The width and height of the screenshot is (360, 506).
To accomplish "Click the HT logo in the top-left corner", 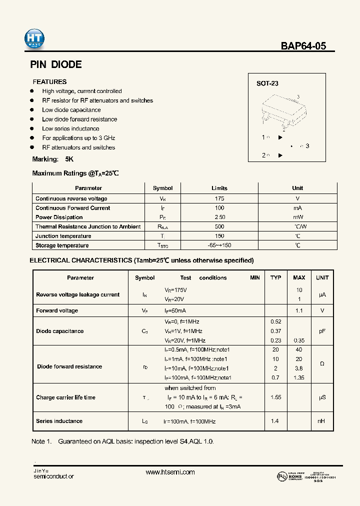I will (34, 39).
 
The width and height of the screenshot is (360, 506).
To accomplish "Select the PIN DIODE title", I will (56, 64).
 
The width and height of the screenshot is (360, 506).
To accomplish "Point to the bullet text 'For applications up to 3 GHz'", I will (78, 138).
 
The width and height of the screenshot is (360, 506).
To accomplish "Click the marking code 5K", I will (69, 159).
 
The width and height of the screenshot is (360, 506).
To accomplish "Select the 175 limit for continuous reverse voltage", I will (219, 198).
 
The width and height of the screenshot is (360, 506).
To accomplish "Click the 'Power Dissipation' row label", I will (59, 217).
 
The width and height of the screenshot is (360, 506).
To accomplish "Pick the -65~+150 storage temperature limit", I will (219, 245).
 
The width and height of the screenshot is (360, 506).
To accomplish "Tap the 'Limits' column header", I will (219, 188).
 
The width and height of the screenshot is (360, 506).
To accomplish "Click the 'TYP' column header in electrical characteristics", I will (275, 277).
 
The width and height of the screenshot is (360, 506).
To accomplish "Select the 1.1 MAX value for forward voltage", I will (299, 310).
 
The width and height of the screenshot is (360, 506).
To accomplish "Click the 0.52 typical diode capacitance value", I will (275, 321).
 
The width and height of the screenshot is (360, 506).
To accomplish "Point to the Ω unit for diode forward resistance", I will (322, 363).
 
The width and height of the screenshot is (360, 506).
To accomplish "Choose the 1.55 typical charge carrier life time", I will (275, 397).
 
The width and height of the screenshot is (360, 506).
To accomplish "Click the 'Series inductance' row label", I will (59, 421).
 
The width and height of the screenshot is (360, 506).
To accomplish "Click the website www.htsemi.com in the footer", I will (170, 472).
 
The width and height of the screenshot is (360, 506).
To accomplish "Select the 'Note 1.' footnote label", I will (41, 442).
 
